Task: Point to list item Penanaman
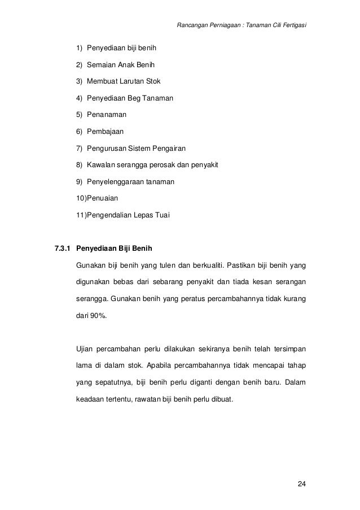pyautogui.click(x=106, y=114)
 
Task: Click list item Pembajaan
pyautogui.click(x=105, y=131)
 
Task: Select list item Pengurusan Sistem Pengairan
pyautogui.click(x=135, y=148)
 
